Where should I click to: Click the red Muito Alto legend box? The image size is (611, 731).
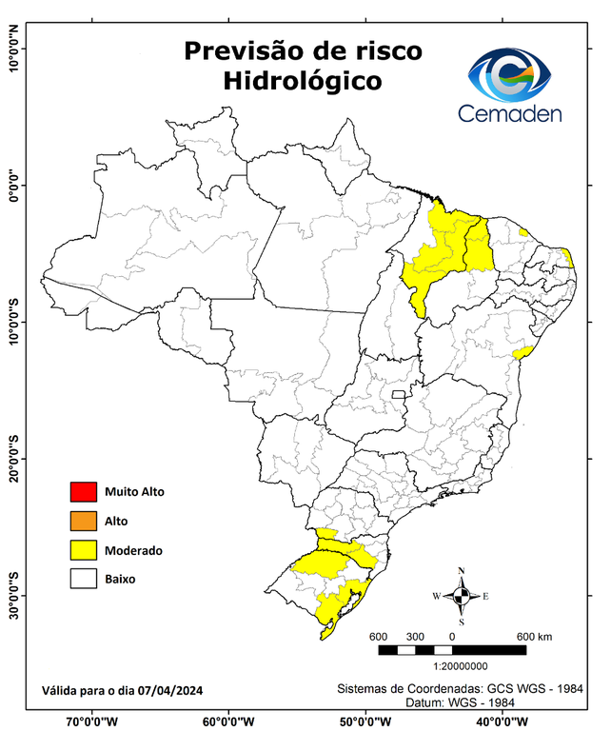coord(83,492)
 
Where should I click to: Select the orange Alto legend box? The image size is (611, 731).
coord(83,521)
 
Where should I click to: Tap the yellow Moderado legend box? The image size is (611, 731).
coord(83,549)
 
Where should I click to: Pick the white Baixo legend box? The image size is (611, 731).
coord(83,578)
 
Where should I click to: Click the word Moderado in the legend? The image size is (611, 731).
coord(134,550)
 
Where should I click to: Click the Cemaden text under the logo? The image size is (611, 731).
coord(510,114)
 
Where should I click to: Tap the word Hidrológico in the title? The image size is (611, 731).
coord(303,81)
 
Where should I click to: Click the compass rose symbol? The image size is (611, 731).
coord(461,596)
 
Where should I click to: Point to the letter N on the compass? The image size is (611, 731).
coord(462,571)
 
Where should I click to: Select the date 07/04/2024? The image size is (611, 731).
coord(169,690)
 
